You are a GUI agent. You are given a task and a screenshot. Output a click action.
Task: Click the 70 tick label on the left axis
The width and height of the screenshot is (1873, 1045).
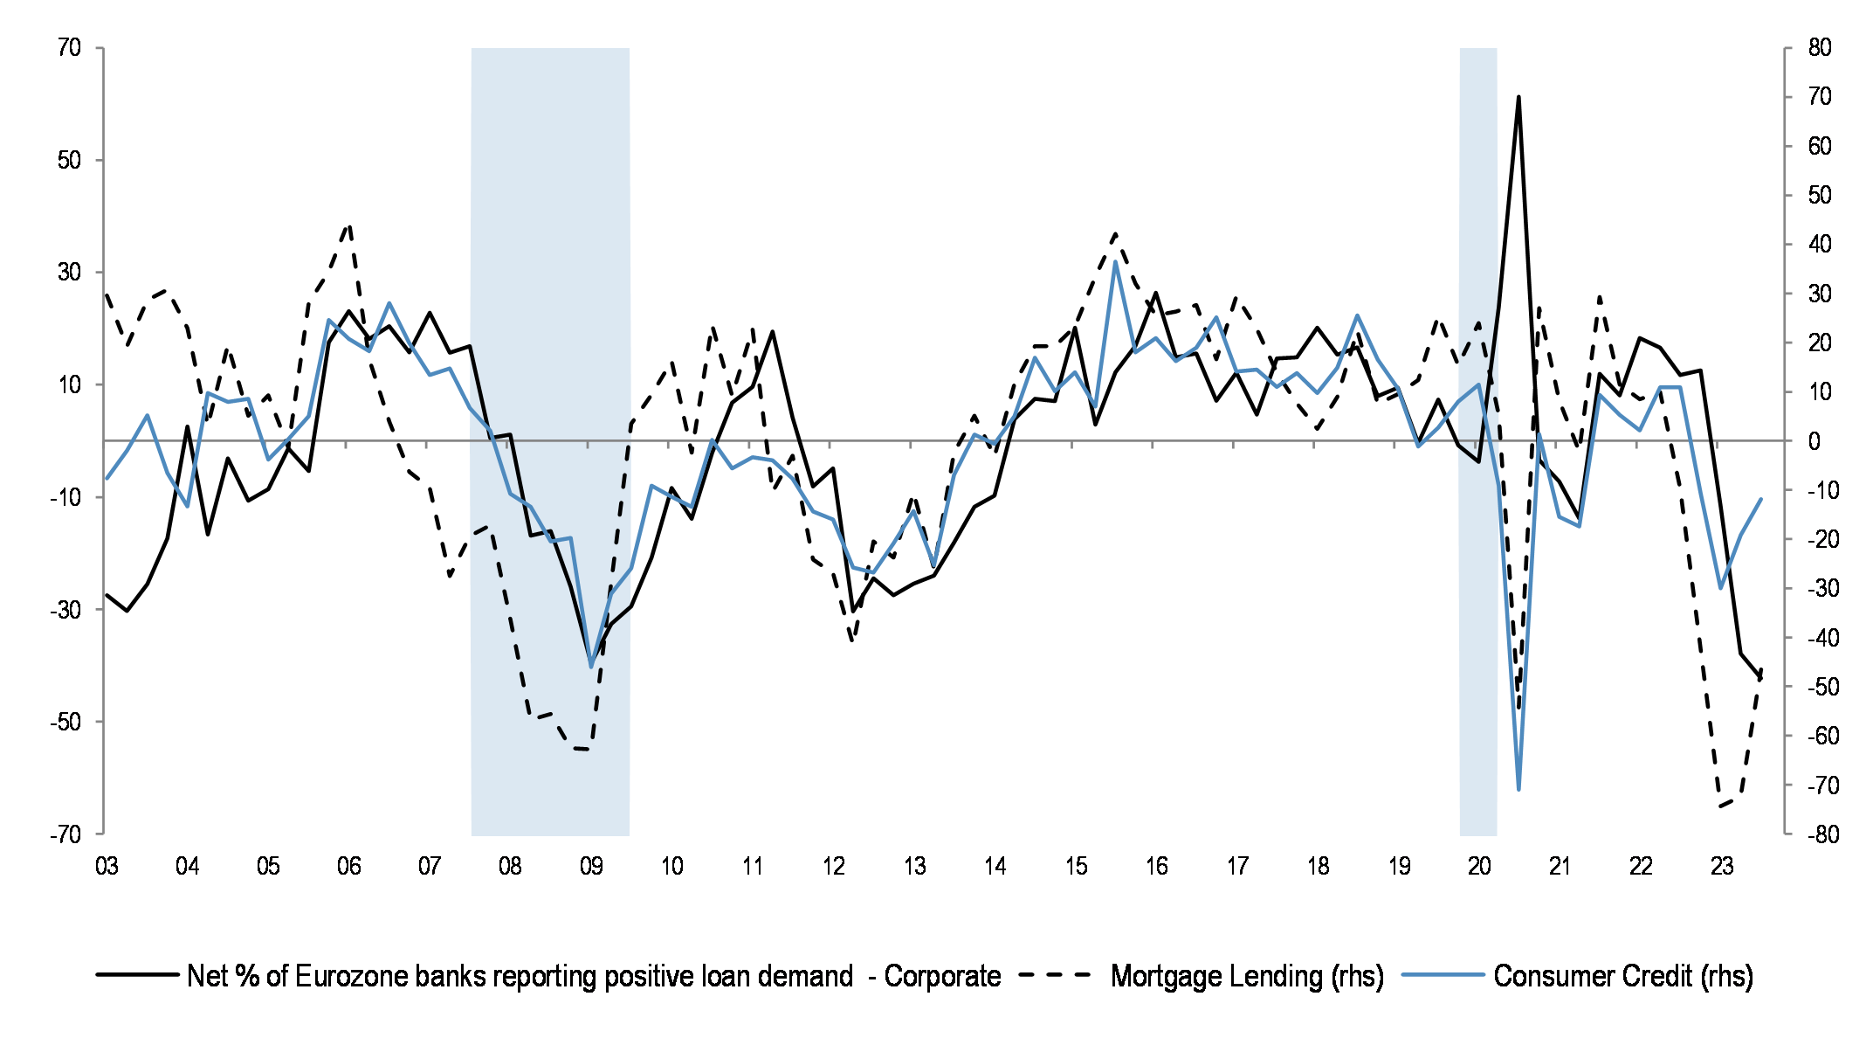tap(70, 47)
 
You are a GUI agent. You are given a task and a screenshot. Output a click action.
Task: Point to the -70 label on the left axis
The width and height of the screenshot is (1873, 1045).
tap(65, 834)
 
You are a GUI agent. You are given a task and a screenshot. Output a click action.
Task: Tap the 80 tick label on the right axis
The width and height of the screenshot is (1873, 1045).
tap(1819, 47)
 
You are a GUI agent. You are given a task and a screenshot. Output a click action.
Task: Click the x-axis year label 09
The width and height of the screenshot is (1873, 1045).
tap(591, 866)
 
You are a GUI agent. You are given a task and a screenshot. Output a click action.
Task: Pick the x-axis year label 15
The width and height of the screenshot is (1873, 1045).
tap(1076, 866)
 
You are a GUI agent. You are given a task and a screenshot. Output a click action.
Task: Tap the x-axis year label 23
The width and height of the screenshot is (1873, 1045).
tap(1721, 866)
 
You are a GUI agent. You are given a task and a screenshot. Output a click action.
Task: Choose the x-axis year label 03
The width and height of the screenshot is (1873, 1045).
tap(107, 866)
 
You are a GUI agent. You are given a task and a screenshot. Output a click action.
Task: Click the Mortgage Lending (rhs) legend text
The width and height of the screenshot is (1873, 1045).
tap(1247, 976)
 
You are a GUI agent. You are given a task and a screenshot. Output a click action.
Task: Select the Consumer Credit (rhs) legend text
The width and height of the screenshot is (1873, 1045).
tap(1622, 976)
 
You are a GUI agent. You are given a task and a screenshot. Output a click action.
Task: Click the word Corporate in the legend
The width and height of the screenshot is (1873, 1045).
tap(942, 976)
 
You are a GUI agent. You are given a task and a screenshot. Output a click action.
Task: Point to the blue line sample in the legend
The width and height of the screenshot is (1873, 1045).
tap(1443, 974)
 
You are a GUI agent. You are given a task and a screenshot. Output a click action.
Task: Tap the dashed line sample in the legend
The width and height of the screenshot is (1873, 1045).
tap(1055, 974)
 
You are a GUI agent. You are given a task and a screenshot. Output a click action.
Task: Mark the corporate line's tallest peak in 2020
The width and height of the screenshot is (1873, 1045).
tap(1518, 97)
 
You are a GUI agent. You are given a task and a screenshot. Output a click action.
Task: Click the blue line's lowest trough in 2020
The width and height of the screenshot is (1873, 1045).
tap(1518, 789)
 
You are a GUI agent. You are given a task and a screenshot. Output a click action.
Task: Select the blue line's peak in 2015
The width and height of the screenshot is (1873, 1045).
tap(1115, 262)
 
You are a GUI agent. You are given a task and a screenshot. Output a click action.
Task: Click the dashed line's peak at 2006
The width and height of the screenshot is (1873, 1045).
tap(349, 225)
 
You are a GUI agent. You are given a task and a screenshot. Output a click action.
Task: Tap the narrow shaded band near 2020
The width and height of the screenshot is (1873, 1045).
tap(1477, 612)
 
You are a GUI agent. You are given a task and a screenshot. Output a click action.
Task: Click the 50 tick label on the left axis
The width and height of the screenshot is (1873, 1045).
tap(70, 160)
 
